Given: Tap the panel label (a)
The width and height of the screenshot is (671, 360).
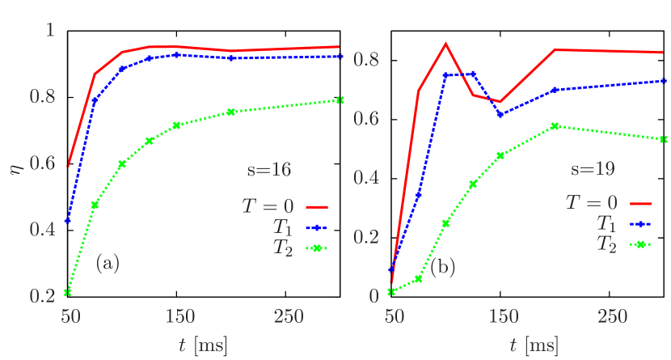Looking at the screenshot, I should click(108, 263).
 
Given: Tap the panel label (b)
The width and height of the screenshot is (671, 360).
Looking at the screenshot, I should click(442, 268).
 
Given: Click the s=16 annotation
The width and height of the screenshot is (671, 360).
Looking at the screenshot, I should click(268, 170).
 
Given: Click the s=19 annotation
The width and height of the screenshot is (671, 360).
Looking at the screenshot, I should click(593, 170).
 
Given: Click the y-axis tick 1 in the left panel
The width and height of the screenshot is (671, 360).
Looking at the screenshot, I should click(50, 30).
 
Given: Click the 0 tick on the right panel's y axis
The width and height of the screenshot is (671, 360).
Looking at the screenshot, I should click(373, 296).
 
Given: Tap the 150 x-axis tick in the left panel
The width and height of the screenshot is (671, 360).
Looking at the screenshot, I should click(179, 316).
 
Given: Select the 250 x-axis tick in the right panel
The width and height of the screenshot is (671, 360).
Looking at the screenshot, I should click(613, 316).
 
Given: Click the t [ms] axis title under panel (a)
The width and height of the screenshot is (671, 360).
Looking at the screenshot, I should click(202, 345).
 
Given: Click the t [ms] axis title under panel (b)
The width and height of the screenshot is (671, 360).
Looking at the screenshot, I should click(534, 345).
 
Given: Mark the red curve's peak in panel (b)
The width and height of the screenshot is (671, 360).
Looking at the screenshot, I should click(445, 43).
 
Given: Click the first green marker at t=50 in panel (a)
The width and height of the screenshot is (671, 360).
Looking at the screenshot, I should click(68, 292).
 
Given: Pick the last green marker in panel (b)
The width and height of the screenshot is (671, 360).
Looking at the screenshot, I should click(664, 138).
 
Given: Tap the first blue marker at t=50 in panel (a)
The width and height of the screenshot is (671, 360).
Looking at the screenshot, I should click(68, 221).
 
